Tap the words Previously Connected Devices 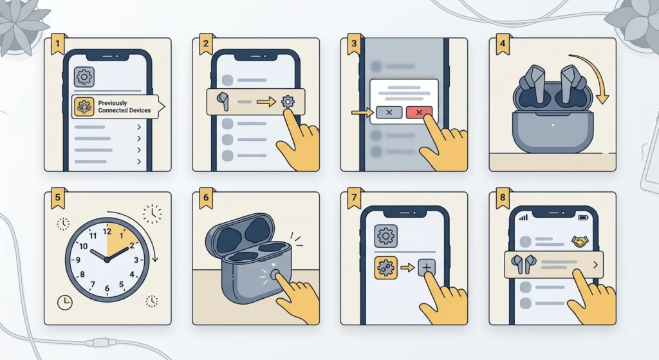(x=124, y=107)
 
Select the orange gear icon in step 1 (x=84, y=107)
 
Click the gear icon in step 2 (x=288, y=102)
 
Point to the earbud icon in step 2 (x=223, y=101)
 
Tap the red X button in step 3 (x=419, y=113)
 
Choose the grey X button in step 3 (x=389, y=113)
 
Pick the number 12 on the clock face (x=107, y=231)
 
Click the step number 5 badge (x=58, y=199)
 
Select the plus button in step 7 (x=427, y=267)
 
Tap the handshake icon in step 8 (x=580, y=242)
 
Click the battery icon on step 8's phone (x=584, y=218)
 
